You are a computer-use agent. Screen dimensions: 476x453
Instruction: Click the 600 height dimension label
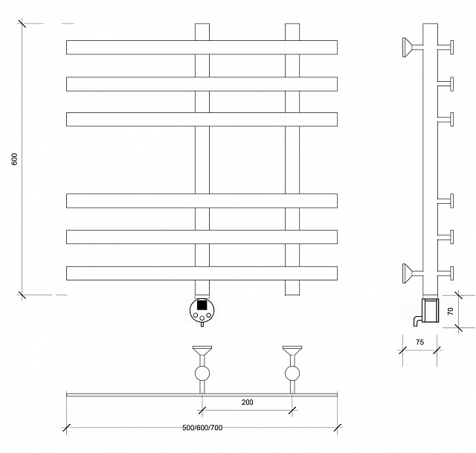point(15,159)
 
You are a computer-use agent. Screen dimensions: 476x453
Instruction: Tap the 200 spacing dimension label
point(247,402)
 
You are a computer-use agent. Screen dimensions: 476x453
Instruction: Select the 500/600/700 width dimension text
point(202,428)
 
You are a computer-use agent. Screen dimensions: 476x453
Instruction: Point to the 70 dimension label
point(451,311)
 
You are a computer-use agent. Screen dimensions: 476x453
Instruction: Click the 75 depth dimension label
point(419,342)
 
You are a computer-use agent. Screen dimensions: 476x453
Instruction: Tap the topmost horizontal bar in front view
point(202,48)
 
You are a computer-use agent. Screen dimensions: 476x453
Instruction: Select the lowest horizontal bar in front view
point(202,273)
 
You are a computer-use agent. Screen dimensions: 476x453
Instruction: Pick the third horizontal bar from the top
point(202,119)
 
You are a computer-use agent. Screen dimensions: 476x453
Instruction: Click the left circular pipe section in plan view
point(202,373)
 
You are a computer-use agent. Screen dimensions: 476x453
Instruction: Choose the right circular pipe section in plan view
point(292,373)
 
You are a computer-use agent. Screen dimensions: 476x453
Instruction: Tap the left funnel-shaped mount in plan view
point(202,350)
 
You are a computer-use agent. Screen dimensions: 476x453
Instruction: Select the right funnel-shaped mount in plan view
point(292,350)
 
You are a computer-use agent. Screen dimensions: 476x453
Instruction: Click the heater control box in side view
point(431,310)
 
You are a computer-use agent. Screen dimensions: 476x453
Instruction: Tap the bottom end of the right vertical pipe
point(292,295)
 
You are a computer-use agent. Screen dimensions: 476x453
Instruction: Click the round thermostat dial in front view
point(202,310)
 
